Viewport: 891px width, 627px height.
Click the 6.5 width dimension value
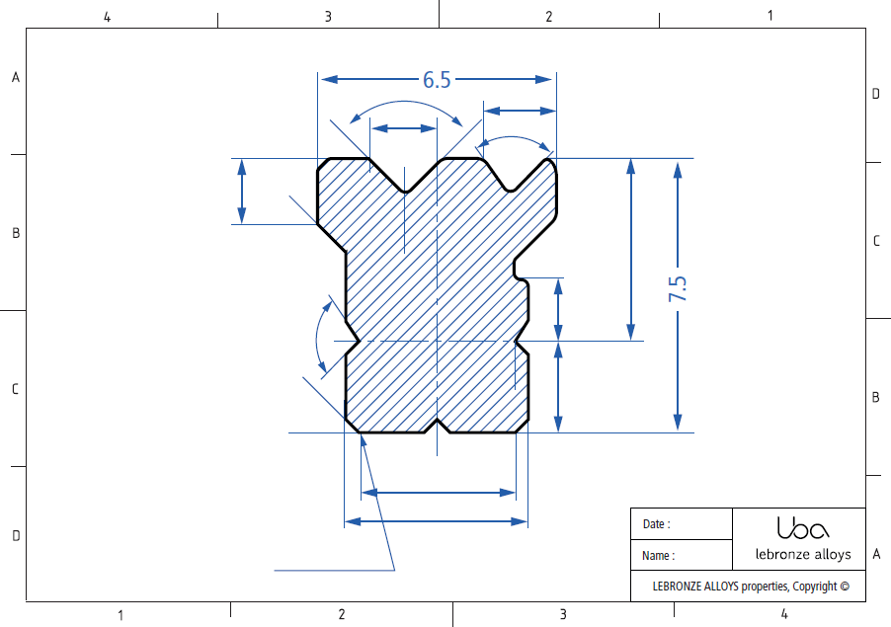(x=437, y=80)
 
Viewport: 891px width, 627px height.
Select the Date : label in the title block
(x=656, y=524)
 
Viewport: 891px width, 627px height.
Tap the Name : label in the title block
(x=658, y=556)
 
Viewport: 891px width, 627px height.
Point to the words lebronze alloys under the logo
(x=802, y=554)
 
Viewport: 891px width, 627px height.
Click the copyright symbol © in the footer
(x=845, y=587)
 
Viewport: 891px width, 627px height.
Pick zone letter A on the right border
(x=876, y=554)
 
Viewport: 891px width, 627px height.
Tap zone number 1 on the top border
(x=769, y=15)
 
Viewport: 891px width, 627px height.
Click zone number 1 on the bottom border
(x=121, y=615)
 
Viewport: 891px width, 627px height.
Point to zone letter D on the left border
(x=15, y=536)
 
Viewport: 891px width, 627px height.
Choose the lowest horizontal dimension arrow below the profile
(x=436, y=521)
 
